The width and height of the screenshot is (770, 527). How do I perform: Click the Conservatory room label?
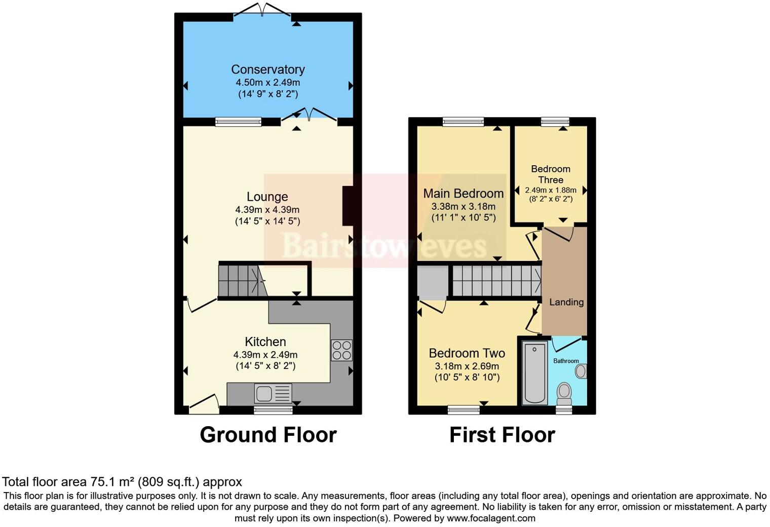click(x=267, y=69)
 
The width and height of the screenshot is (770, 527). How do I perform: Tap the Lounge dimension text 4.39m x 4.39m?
click(x=267, y=209)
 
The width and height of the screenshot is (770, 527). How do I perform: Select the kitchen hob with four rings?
click(x=341, y=350)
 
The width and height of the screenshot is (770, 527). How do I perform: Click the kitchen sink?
click(x=273, y=394)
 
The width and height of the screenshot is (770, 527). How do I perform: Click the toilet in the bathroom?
click(x=564, y=392)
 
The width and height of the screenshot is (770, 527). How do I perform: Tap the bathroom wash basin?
click(x=581, y=371)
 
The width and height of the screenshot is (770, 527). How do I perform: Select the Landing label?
click(x=566, y=302)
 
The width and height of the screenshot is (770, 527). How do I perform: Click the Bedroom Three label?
click(x=550, y=174)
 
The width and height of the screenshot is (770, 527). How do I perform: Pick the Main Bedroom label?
click(x=463, y=193)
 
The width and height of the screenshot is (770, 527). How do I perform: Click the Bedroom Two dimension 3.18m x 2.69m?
click(x=467, y=366)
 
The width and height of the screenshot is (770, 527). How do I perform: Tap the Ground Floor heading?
click(x=268, y=435)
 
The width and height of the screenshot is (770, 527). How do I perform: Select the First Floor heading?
click(x=502, y=435)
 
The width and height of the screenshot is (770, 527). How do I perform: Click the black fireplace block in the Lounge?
click(x=348, y=206)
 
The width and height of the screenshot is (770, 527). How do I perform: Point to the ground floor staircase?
click(x=241, y=281)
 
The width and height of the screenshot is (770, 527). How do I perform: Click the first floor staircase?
click(x=495, y=281)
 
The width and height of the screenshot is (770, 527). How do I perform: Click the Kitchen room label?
click(x=265, y=342)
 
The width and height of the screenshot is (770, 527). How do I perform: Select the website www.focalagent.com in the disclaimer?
click(x=491, y=518)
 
